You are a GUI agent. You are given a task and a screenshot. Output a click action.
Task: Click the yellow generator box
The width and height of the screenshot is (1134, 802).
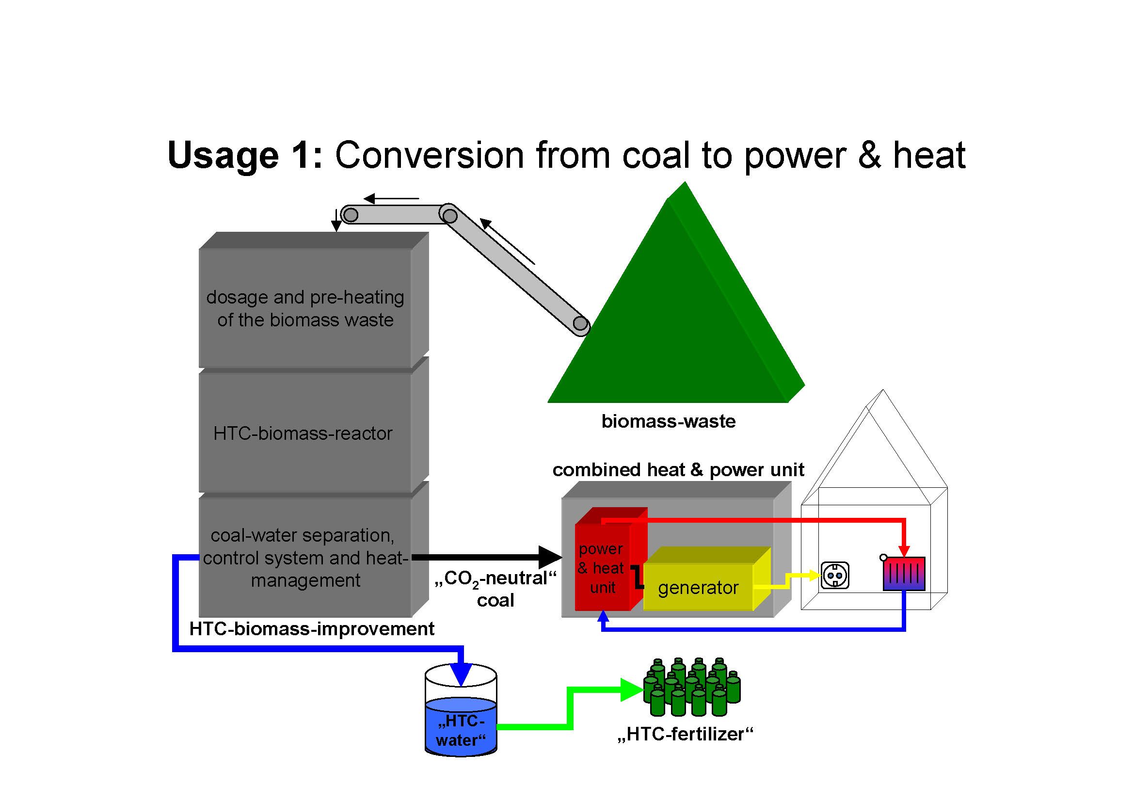(698, 587)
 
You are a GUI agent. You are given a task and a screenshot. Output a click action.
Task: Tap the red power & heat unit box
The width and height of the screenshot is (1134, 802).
(603, 568)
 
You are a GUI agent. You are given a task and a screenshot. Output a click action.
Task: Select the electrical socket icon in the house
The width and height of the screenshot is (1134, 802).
(835, 576)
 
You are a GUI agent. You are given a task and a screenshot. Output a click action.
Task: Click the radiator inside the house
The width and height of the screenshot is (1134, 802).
(904, 574)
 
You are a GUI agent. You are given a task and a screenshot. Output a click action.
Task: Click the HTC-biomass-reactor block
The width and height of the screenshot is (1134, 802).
(304, 433)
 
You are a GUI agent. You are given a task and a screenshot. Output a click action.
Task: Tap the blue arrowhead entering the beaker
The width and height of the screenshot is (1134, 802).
(461, 674)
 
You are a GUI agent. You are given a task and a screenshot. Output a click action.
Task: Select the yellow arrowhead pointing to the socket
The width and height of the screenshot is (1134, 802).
(815, 576)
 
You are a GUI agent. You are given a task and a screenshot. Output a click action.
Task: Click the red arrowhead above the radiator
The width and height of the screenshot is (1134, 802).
(904, 551)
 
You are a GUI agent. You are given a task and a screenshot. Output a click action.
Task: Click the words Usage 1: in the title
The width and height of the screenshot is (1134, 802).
(245, 155)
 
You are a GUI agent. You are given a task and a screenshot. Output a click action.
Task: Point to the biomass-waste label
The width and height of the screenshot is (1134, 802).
(668, 421)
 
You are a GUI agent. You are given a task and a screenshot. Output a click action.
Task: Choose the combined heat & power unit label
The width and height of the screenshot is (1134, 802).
(678, 470)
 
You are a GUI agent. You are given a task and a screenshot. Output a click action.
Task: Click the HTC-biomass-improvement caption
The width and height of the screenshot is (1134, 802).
(312, 629)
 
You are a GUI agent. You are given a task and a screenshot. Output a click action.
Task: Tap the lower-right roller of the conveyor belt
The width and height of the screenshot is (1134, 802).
(580, 324)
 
